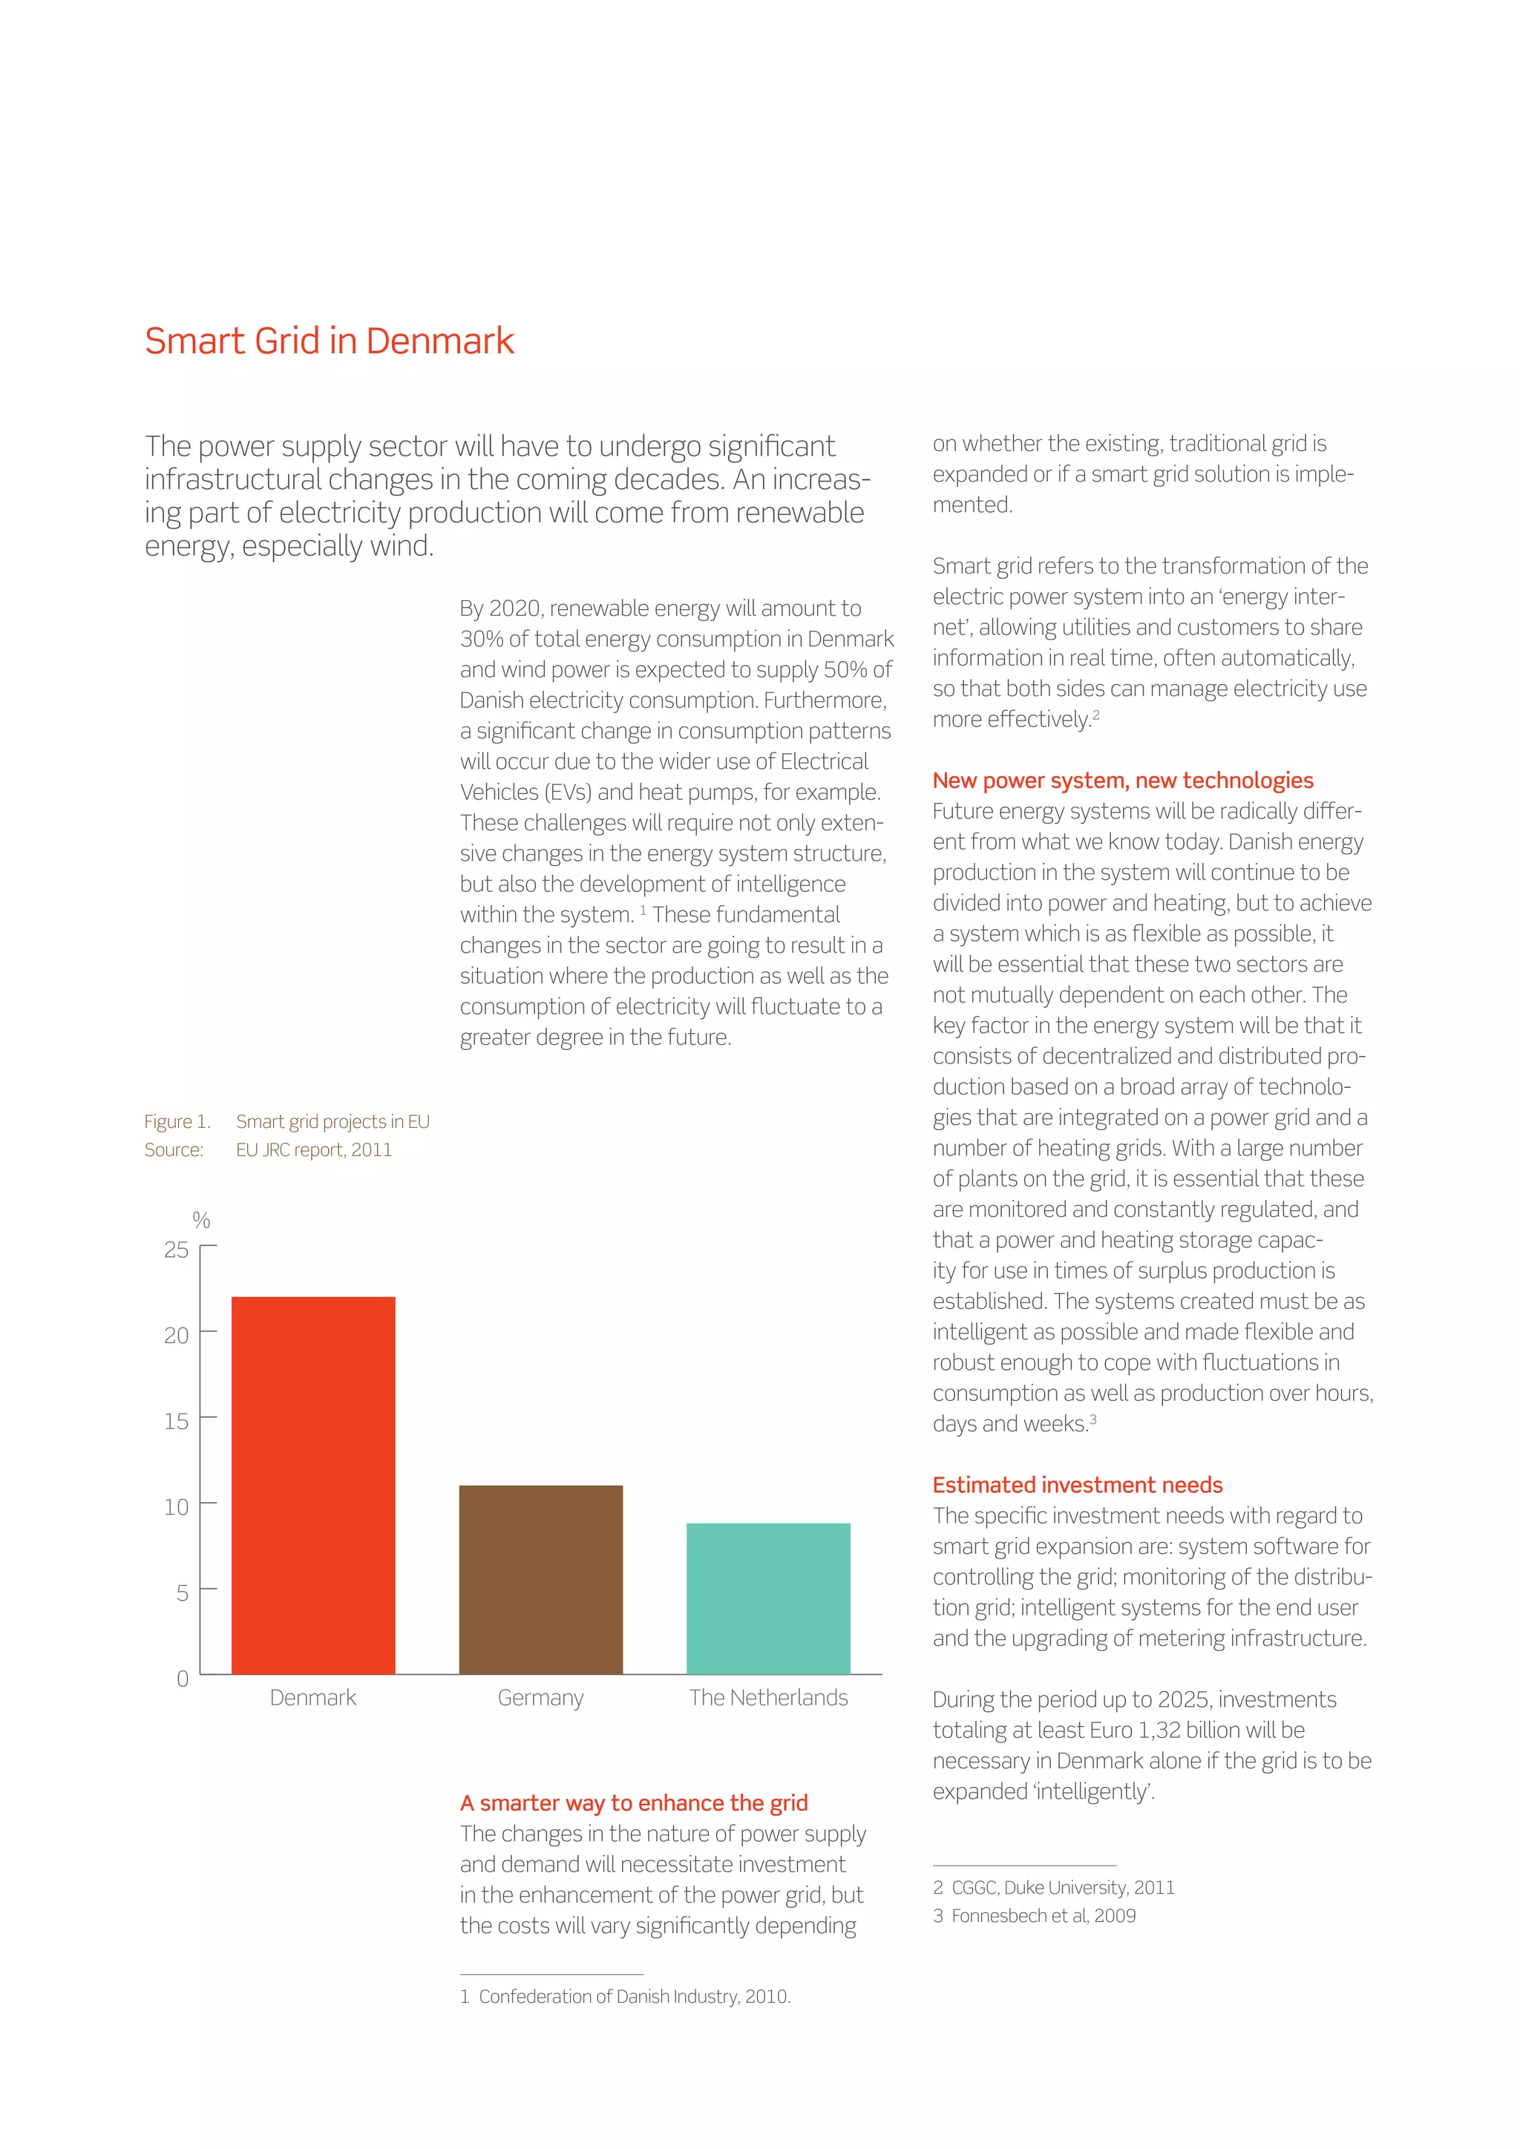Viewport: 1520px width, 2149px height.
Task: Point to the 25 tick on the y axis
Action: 176,1250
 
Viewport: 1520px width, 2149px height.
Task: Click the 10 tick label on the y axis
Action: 176,1507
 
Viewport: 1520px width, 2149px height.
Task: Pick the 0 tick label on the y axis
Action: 183,1679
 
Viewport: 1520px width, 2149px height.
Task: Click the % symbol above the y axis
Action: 200,1220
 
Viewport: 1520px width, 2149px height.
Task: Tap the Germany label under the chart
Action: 540,1698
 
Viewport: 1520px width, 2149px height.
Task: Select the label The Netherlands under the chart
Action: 767,1698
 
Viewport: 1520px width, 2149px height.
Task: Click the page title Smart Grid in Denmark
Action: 329,341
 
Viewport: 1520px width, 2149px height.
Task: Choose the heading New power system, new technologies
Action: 1122,780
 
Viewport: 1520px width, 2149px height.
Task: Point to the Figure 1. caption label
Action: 177,1121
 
